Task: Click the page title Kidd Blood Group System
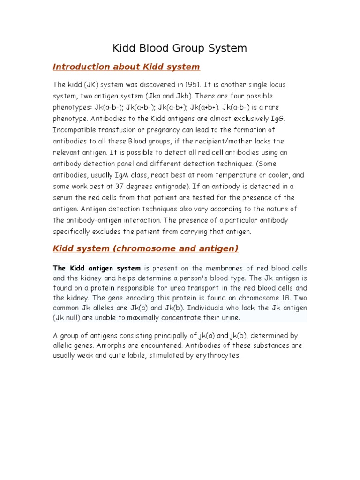[180, 48]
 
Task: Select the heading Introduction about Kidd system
[127, 67]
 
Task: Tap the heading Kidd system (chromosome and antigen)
[146, 248]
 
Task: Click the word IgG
[278, 119]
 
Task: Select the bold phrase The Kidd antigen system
[97, 269]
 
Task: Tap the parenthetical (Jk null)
[70, 318]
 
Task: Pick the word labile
[130, 355]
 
